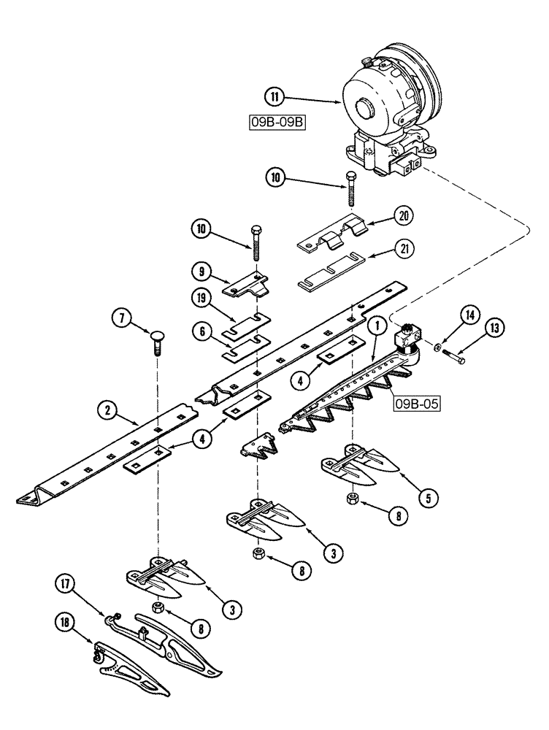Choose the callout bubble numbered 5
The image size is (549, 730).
[x=428, y=499]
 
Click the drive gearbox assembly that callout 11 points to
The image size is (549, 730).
[x=387, y=109]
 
